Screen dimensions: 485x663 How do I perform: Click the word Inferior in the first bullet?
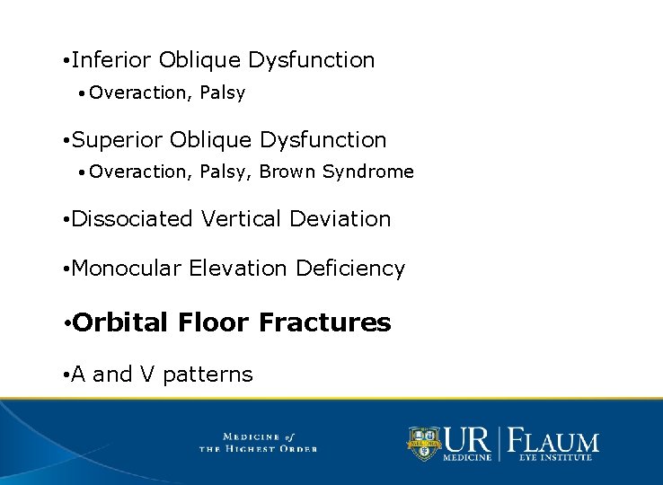click(111, 60)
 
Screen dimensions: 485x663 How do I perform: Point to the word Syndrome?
click(368, 172)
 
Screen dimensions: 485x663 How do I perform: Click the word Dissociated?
click(132, 218)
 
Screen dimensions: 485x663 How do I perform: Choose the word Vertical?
click(240, 218)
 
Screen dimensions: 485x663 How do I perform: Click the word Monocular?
click(127, 269)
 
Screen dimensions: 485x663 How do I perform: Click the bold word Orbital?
click(120, 322)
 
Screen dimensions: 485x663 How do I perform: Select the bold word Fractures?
click(324, 322)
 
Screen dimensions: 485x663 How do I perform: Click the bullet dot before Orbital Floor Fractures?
click(66, 323)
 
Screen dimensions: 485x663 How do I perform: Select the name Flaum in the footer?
click(553, 440)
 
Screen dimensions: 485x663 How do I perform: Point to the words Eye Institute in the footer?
click(554, 458)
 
